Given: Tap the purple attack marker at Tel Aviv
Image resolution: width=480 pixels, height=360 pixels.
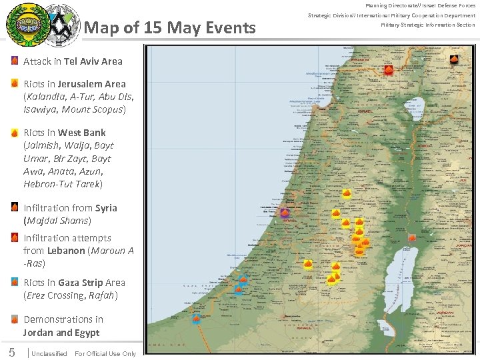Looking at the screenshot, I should point(285,213).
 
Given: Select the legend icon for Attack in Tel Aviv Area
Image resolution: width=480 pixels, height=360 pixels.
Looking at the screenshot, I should point(15,61).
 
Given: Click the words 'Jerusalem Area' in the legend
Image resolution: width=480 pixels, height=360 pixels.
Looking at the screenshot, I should point(91,84).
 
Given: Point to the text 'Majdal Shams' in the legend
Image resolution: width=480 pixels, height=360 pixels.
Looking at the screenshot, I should point(57,221).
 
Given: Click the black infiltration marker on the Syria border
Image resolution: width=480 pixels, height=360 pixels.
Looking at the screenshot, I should point(454,59).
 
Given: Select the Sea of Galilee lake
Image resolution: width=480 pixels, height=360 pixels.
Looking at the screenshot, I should point(415,107).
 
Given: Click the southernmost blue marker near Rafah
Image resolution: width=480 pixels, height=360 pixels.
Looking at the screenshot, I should point(196,318).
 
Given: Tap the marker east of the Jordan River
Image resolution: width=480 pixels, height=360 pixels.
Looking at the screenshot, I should point(412,237).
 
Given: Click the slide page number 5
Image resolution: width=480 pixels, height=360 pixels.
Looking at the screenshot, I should point(11,353).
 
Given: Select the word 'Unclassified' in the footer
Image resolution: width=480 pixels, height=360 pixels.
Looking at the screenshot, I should point(49,354).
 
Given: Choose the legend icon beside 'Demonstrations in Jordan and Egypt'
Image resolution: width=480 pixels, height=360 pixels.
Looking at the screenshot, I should point(15,319).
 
